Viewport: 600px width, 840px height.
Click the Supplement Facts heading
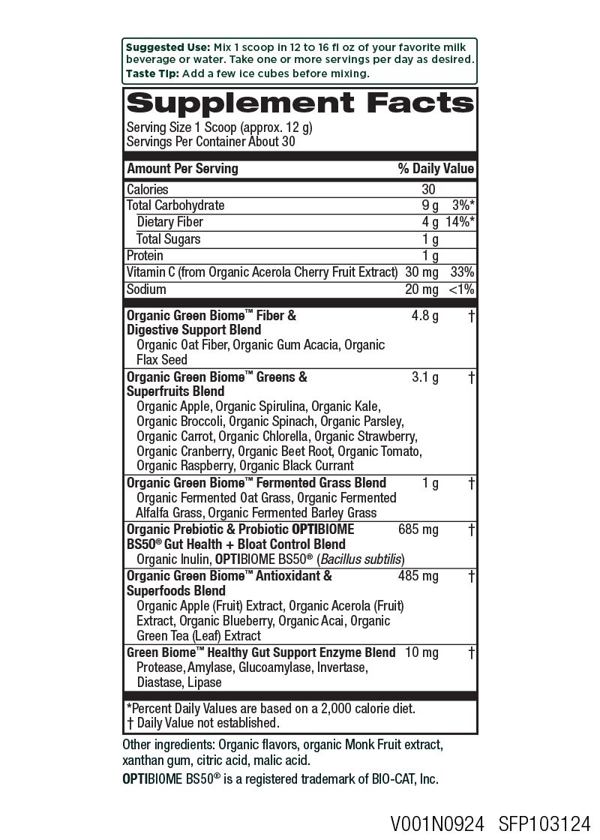coord(300,103)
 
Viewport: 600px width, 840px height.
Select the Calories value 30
coord(428,190)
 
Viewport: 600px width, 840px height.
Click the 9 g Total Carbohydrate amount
coord(430,205)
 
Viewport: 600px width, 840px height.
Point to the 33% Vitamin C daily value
coord(462,272)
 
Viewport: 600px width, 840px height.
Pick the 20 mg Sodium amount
coord(421,289)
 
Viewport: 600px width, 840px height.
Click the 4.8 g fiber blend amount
coord(424,316)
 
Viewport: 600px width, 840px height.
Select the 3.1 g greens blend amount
coord(425,377)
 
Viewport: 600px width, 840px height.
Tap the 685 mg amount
coord(418,529)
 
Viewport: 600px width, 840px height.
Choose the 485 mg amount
coord(418,576)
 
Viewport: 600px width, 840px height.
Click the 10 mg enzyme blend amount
coord(421,652)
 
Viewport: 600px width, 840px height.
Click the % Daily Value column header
coord(436,169)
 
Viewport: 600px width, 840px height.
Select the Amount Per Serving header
coord(182,169)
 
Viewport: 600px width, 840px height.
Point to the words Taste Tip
coord(152,73)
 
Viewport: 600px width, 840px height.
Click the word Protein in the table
coord(145,256)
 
